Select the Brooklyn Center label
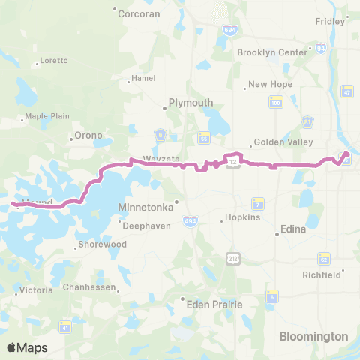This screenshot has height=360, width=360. (272, 52)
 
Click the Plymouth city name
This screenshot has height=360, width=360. (190, 103)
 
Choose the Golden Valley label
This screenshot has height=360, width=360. (278, 142)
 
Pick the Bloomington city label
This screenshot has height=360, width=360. (314, 336)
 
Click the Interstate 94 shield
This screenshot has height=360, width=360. (320, 48)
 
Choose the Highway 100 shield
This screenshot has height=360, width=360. (275, 102)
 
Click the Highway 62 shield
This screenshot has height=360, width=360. (324, 259)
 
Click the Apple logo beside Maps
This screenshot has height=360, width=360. (12, 347)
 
